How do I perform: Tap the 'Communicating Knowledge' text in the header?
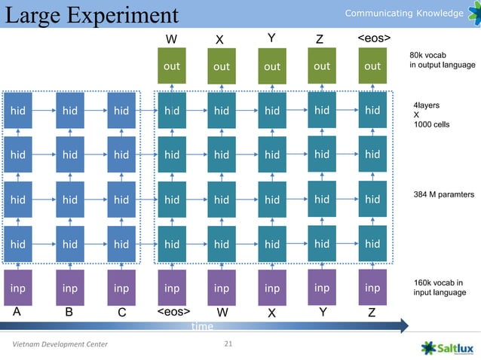click(403, 14)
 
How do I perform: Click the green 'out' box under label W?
click(172, 66)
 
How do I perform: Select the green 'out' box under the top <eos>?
click(372, 66)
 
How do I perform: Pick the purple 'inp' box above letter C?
click(121, 288)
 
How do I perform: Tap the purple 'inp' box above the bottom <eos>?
click(172, 288)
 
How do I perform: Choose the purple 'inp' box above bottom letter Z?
click(372, 288)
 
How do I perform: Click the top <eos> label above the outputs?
click(374, 38)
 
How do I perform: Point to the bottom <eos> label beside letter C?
click(173, 311)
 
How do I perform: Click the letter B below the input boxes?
click(69, 312)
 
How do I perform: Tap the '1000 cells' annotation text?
click(432, 124)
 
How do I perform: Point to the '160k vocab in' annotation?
click(439, 282)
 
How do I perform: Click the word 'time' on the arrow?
click(202, 326)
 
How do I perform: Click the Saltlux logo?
click(448, 347)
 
